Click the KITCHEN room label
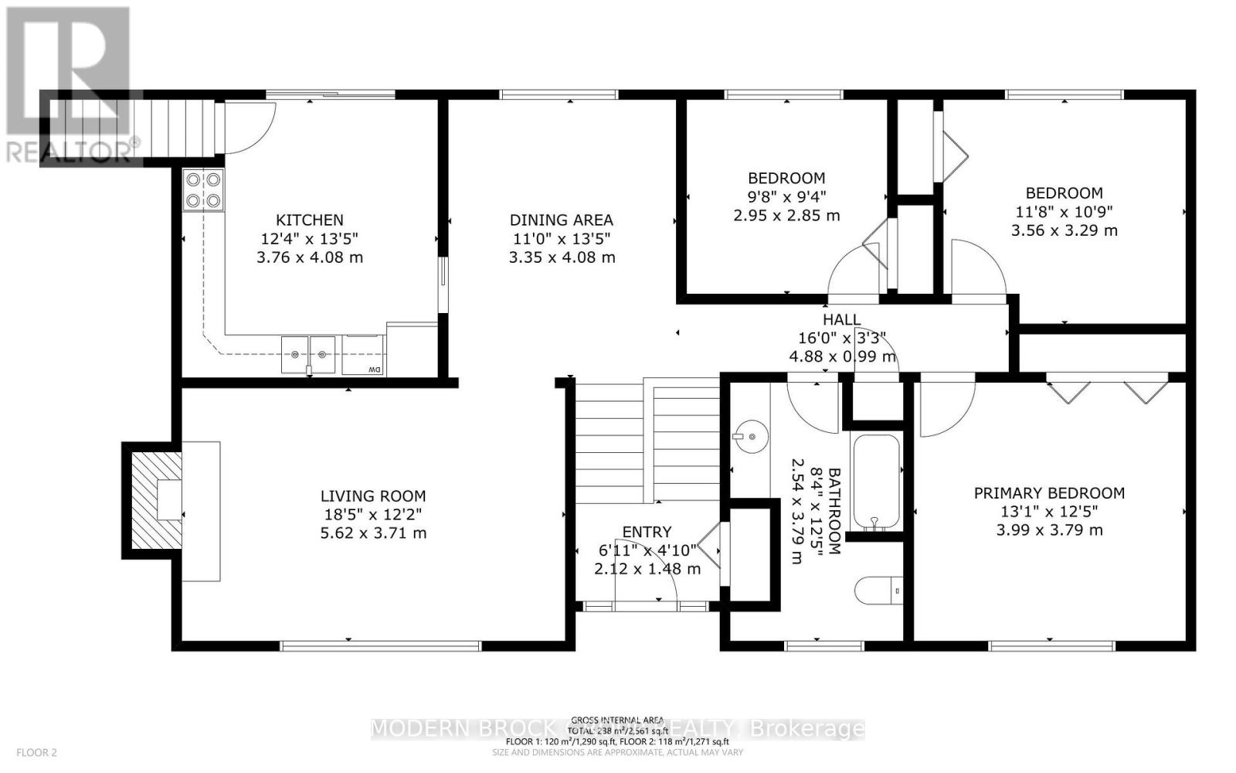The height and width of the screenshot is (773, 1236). point(310,220)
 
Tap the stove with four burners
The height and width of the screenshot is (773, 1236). point(203,190)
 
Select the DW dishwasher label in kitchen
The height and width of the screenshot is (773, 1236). point(374,369)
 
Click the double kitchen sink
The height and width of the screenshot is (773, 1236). point(308,355)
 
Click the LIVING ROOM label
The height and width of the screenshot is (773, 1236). point(374,496)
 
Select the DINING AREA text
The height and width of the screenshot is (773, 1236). point(562,220)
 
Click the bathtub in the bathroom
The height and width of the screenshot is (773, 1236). point(875,482)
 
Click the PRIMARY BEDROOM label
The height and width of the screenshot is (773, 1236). point(1049,493)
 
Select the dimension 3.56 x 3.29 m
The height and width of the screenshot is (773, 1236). point(1064,230)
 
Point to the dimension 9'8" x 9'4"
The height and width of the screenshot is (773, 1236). point(786,196)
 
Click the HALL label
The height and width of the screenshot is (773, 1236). point(841,319)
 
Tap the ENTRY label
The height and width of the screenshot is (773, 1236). point(647,532)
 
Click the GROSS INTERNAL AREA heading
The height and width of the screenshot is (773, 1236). point(617,720)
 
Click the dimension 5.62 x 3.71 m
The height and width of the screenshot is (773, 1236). point(374,533)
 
